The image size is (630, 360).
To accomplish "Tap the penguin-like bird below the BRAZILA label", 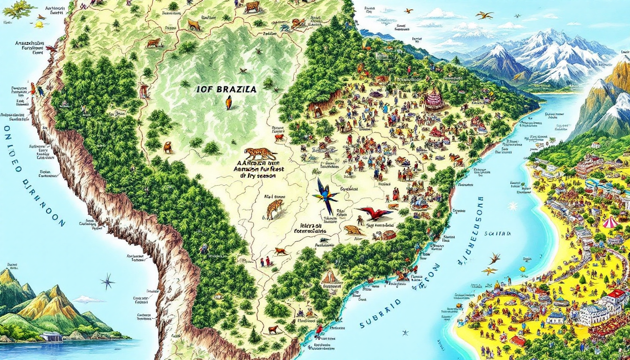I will coord(228,102).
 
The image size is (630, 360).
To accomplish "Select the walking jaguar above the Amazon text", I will coord(260,153).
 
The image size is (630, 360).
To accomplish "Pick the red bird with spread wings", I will coord(375,214).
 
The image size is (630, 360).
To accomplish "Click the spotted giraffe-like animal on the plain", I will coord(275,208).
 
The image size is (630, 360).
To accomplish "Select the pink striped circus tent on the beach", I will coord(610,222).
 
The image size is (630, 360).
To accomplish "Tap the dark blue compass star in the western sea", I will coord(107,281).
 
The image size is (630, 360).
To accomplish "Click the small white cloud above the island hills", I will coord(88,299).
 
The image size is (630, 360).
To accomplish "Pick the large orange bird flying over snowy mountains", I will coord(485,15).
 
